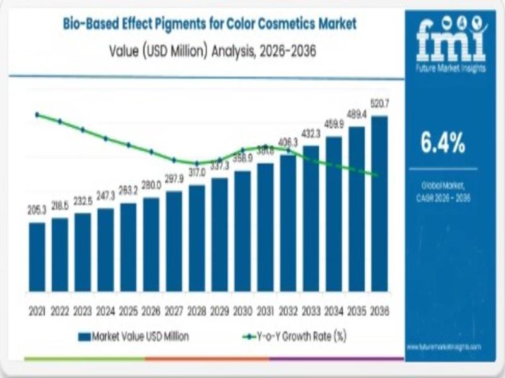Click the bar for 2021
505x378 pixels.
37,257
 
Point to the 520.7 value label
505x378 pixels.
380,103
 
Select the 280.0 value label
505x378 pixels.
151,185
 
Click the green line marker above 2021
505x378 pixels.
37,115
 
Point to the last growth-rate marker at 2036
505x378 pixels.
377,175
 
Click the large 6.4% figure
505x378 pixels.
443,144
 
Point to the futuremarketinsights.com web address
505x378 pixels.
444,346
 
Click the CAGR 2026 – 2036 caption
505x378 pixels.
443,198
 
